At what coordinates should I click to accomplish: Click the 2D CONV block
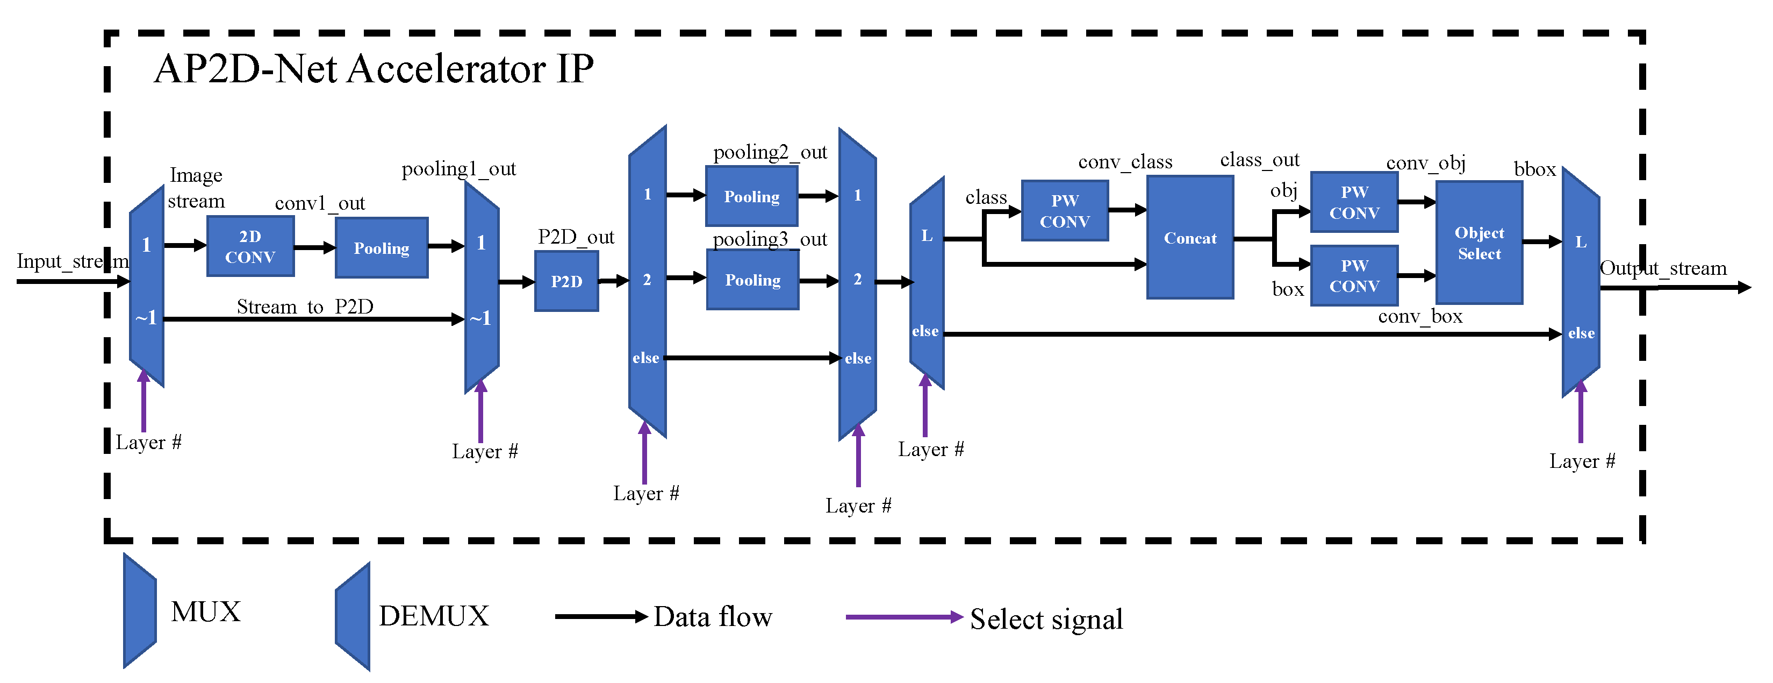click(x=250, y=246)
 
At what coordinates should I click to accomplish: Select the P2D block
click(x=566, y=281)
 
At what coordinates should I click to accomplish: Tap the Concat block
click(x=1190, y=238)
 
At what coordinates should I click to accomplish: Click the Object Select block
click(x=1479, y=243)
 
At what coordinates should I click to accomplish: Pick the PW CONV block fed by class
click(x=1065, y=211)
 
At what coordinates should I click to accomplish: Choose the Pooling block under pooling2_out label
click(x=751, y=196)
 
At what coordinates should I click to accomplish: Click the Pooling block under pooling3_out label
click(x=753, y=280)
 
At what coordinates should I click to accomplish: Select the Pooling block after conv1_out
click(x=381, y=248)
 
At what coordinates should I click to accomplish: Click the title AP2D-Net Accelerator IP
click(x=374, y=69)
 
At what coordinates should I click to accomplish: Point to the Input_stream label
click(x=72, y=261)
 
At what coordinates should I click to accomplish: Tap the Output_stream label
click(x=1663, y=268)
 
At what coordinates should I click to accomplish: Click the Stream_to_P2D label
click(x=305, y=307)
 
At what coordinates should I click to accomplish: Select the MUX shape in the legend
click(x=140, y=611)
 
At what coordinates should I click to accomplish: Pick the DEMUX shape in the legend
click(x=353, y=616)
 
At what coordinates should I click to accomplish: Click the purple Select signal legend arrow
click(x=904, y=617)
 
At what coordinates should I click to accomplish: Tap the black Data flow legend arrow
click(x=601, y=616)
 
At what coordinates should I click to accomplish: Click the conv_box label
click(x=1420, y=317)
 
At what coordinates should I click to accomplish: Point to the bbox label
click(x=1534, y=169)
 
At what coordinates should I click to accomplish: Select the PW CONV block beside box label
click(x=1354, y=275)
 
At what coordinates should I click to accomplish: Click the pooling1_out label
click(x=458, y=169)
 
